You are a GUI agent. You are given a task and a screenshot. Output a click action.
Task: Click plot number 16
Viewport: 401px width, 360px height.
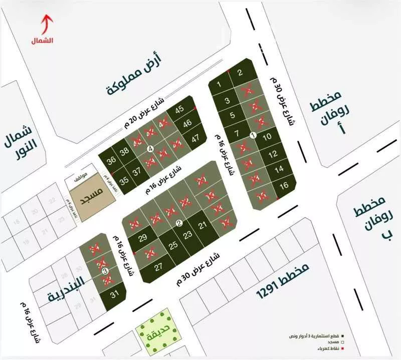click(284, 186)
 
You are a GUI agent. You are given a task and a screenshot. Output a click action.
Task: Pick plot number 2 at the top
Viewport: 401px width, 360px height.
click(240, 73)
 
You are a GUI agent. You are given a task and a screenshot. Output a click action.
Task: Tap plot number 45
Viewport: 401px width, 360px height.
click(179, 110)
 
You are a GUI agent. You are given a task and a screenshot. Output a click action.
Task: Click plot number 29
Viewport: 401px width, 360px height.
click(142, 238)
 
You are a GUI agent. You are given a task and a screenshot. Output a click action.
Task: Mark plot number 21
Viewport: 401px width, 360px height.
click(203, 226)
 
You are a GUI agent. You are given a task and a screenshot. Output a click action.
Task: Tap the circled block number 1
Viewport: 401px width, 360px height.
click(253, 135)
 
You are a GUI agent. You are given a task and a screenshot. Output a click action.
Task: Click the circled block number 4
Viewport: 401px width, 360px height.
click(150, 148)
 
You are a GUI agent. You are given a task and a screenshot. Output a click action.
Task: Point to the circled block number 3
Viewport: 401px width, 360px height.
click(105, 271)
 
